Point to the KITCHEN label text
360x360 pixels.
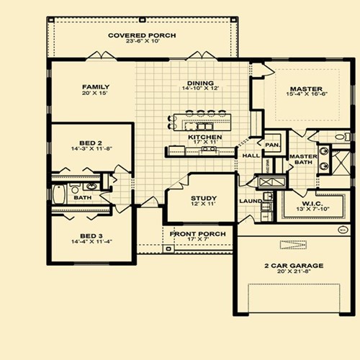pyautogui.click(x=204, y=136)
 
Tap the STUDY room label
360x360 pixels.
pyautogui.click(x=204, y=198)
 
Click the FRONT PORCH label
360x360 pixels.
pyautogui.click(x=197, y=234)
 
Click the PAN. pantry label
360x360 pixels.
pyautogui.click(x=272, y=145)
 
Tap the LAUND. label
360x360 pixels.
pyautogui.click(x=250, y=201)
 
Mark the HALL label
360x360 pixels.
pyautogui.click(x=250, y=155)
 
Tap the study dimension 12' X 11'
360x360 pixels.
pyautogui.click(x=204, y=206)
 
